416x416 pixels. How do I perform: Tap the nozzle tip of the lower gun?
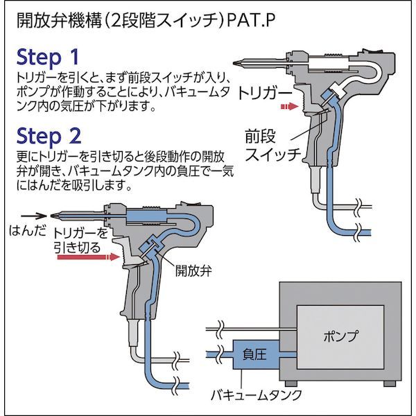53,215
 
